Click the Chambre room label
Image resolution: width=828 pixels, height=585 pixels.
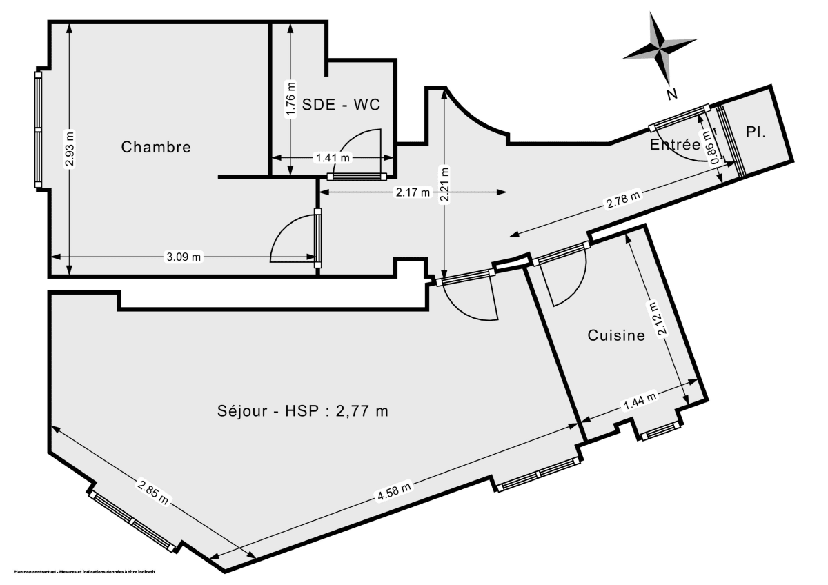pyautogui.click(x=156, y=147)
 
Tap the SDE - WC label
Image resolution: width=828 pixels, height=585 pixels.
pyautogui.click(x=342, y=106)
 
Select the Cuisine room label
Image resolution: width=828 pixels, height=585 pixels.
pyautogui.click(x=616, y=336)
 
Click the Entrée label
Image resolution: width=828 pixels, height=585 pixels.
pyautogui.click(x=675, y=145)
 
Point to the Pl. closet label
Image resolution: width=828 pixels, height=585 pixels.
pyautogui.click(x=756, y=131)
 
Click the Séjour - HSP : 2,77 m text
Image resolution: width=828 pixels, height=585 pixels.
pyautogui.click(x=302, y=412)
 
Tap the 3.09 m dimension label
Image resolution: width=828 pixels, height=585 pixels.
pyautogui.click(x=184, y=257)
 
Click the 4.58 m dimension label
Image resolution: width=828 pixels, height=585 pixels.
pyautogui.click(x=394, y=492)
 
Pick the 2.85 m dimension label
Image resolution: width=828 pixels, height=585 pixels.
pyautogui.click(x=153, y=495)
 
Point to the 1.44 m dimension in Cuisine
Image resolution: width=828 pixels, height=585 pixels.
pyautogui.click(x=639, y=401)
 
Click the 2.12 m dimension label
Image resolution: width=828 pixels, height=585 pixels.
pyautogui.click(x=662, y=319)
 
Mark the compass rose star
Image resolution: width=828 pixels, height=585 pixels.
pyautogui.click(x=660, y=47)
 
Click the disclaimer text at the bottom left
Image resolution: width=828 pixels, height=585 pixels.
pyautogui.click(x=85, y=572)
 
